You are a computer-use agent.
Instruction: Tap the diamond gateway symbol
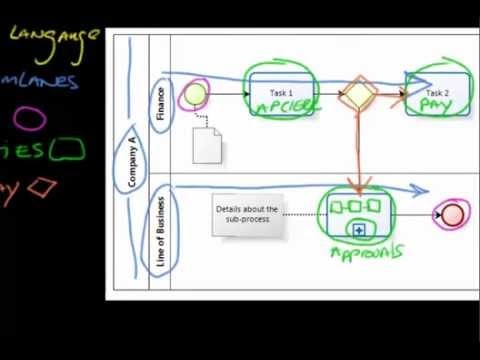coord(359,95)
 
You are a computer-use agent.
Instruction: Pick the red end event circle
coord(452,214)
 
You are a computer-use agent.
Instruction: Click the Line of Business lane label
coord(160,232)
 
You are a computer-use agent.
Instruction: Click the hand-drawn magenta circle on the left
coord(30,120)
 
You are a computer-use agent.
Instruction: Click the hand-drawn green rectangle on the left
coord(67,151)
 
